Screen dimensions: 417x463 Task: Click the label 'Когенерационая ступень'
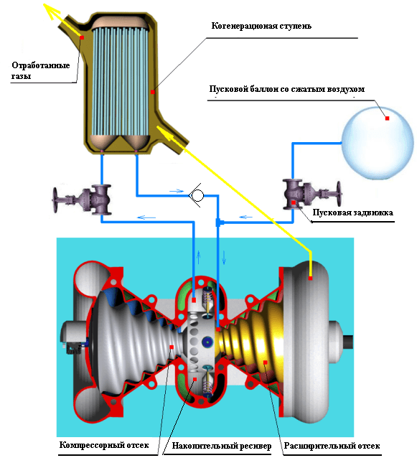coord(261,27)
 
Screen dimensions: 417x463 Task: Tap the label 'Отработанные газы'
coord(40,70)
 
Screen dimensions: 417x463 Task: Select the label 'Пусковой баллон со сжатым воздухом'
coord(287,89)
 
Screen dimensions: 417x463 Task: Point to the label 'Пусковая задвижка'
coord(352,212)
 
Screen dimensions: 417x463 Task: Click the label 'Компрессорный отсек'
coord(104,444)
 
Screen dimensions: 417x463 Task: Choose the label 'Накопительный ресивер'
coord(222,446)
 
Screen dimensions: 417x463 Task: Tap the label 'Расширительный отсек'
coord(332,446)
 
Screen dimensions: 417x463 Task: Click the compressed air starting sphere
coord(378,144)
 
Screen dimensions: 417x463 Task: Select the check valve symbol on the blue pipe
coord(197,195)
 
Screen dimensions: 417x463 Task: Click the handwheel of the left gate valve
coord(55,200)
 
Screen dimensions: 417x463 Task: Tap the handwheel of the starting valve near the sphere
coord(339,194)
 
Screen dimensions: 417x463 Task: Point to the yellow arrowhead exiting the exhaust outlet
coord(52,11)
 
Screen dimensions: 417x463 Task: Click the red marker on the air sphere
coord(387,118)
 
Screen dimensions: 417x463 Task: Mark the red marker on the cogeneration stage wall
coord(153,92)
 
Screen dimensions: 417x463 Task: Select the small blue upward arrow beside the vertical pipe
coord(199,257)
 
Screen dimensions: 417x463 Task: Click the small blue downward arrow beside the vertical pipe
coord(224,258)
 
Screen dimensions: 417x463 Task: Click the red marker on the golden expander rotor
coord(266,363)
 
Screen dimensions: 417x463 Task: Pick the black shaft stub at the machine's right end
coord(348,342)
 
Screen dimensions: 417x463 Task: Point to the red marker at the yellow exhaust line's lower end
coord(310,278)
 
